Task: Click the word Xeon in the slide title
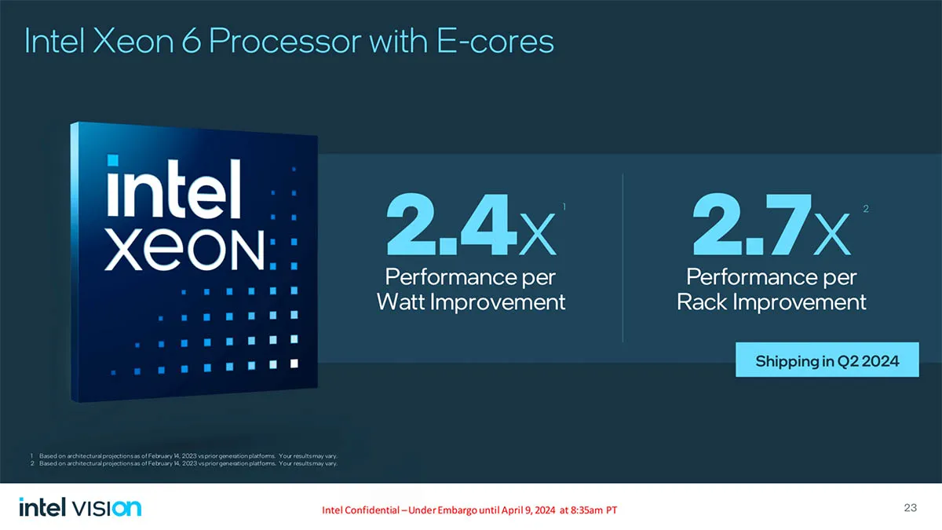point(133,41)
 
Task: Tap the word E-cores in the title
point(495,41)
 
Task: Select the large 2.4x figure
point(472,225)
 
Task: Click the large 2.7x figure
point(772,225)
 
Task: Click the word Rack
point(702,302)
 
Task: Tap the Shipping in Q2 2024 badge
point(827,360)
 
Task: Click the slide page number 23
point(910,508)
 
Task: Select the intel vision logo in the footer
point(80,507)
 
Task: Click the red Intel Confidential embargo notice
point(469,510)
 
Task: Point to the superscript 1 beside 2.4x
point(564,207)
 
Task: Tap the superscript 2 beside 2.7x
point(866,209)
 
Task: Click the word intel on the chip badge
point(174,188)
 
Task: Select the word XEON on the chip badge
point(184,250)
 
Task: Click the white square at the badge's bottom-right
point(294,364)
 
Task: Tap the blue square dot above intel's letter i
point(113,160)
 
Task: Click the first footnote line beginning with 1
point(184,456)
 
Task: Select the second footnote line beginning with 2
point(184,463)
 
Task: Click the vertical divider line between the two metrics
point(623,258)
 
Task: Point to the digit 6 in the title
point(191,41)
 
